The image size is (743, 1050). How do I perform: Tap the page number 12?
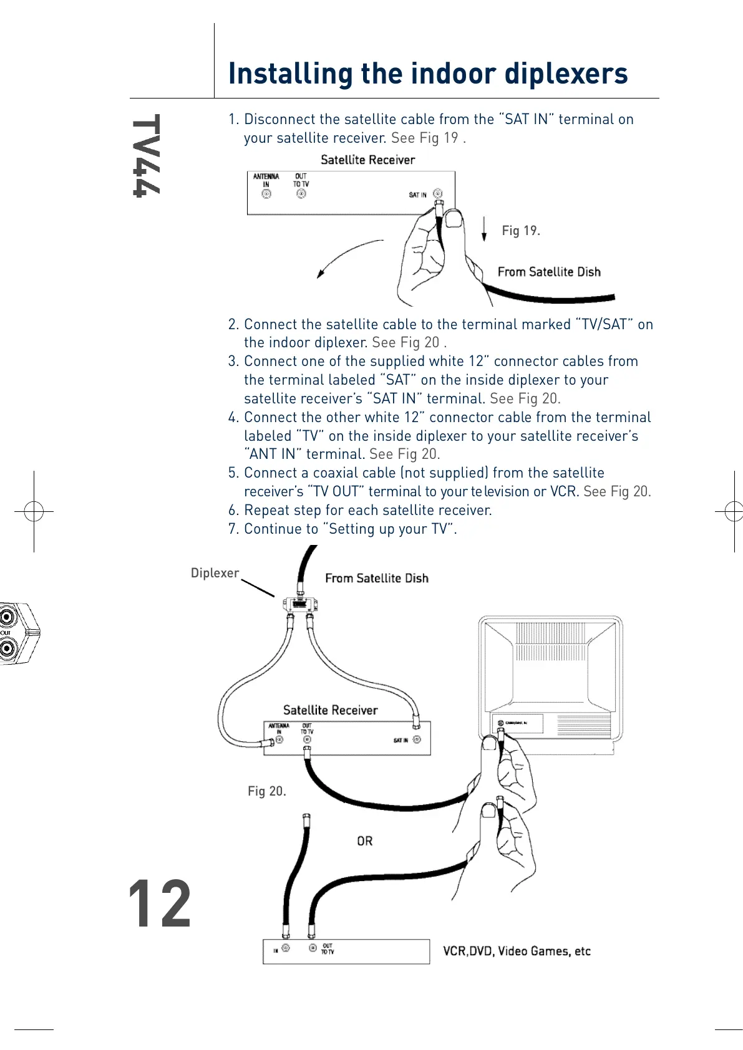pyautogui.click(x=159, y=903)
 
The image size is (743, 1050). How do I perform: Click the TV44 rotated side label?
pyautogui.click(x=147, y=155)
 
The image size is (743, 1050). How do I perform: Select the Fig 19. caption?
pyautogui.click(x=521, y=231)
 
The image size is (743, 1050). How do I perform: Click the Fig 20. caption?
pyautogui.click(x=266, y=791)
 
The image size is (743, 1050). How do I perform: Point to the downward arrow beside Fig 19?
pyautogui.click(x=484, y=228)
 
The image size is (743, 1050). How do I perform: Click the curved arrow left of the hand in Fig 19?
pyautogui.click(x=347, y=256)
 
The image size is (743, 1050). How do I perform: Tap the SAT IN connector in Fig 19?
pyautogui.click(x=438, y=194)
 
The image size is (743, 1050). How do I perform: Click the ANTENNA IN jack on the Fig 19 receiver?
pyautogui.click(x=266, y=195)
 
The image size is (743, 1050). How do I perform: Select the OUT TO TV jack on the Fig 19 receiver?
pyautogui.click(x=301, y=194)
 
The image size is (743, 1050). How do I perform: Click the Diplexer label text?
pyautogui.click(x=215, y=573)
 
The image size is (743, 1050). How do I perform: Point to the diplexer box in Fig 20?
pyautogui.click(x=300, y=604)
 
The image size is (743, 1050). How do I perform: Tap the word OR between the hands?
pyautogui.click(x=365, y=841)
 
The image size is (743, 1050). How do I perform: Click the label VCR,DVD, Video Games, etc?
pyautogui.click(x=517, y=951)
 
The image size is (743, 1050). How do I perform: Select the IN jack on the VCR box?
pyautogui.click(x=286, y=948)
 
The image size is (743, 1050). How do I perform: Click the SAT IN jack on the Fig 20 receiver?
pyautogui.click(x=417, y=739)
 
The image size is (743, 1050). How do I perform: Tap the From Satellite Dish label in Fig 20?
pyautogui.click(x=377, y=578)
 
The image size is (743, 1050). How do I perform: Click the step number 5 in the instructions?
pyautogui.click(x=233, y=473)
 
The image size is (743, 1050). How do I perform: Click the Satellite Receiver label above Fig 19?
pyautogui.click(x=367, y=160)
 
